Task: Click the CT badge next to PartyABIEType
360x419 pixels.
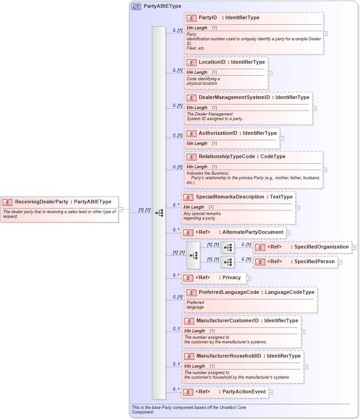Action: (x=136, y=7)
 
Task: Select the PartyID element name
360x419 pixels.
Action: (x=207, y=18)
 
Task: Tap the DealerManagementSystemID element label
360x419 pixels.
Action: (x=234, y=98)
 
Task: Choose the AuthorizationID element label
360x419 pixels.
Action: (x=218, y=133)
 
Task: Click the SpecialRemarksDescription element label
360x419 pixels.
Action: (x=227, y=197)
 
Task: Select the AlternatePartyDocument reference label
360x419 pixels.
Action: (x=253, y=232)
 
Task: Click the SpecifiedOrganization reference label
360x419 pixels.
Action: (x=322, y=247)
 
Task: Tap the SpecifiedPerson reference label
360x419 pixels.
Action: (x=315, y=262)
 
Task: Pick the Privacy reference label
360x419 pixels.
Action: (x=231, y=278)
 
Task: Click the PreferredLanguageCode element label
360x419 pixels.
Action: (x=229, y=292)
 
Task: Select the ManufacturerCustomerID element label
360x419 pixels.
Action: (x=228, y=321)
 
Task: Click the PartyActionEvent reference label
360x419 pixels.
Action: (x=244, y=392)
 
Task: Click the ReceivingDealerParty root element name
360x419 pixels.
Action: (x=42, y=202)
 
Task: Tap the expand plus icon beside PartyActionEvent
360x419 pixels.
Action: (x=271, y=392)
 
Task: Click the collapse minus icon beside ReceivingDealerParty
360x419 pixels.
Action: (x=120, y=209)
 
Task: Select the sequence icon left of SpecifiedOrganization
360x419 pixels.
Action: (x=228, y=248)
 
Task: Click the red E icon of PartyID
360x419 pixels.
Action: (x=191, y=18)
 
